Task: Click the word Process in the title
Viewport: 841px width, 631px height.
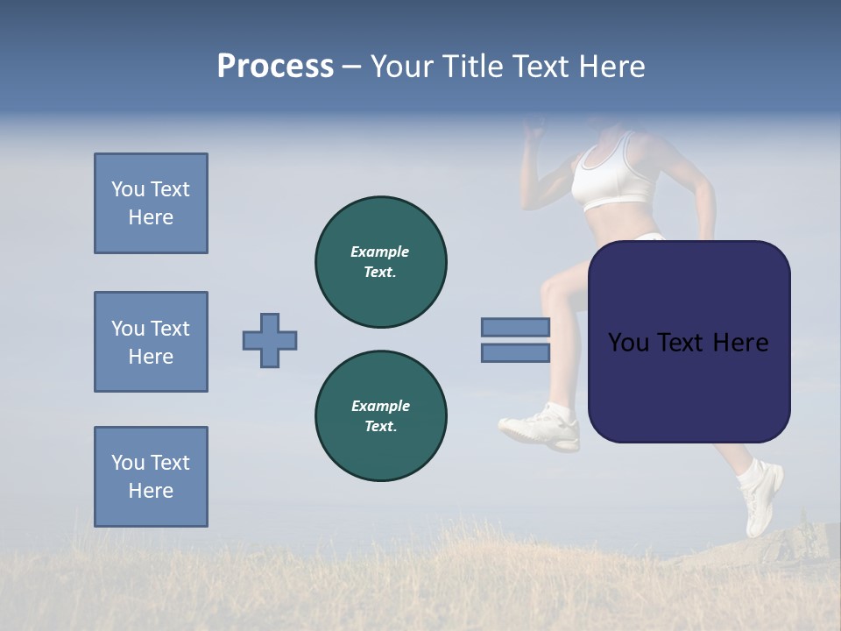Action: coord(275,67)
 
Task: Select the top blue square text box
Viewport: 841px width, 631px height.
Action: coord(151,203)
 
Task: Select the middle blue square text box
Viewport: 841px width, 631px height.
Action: coord(151,342)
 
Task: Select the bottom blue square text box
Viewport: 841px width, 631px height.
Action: coord(151,477)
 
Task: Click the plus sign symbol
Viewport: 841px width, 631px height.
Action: coord(270,340)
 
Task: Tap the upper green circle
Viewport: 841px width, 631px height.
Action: coord(380,262)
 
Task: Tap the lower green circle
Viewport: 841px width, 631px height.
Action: coord(380,416)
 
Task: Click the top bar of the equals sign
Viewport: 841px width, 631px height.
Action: coord(515,327)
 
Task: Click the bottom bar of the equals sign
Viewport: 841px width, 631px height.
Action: coord(515,352)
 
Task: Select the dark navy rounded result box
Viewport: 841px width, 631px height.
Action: coord(689,342)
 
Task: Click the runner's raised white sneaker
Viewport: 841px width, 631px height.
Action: coord(541,427)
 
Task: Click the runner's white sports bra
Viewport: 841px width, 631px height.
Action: coord(613,175)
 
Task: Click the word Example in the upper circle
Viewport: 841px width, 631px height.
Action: coord(380,252)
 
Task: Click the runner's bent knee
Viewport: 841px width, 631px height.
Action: coord(552,289)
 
